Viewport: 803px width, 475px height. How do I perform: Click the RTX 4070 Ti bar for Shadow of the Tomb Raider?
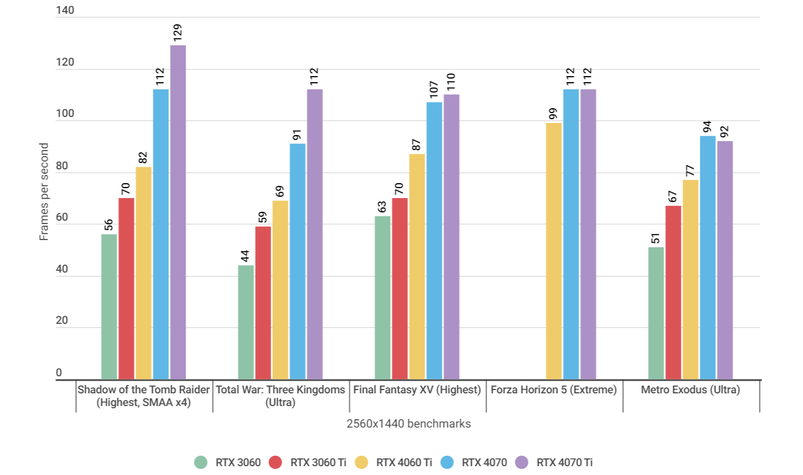pos(178,212)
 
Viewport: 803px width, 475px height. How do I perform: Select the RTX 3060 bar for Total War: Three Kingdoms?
pos(246,322)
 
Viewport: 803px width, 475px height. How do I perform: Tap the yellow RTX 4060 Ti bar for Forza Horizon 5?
pos(553,251)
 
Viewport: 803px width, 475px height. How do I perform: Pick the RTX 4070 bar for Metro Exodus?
pos(707,258)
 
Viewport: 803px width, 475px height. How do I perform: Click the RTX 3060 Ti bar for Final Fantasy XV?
pos(400,289)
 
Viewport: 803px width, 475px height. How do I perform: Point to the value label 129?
pos(178,33)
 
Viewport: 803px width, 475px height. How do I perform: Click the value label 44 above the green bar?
pos(246,256)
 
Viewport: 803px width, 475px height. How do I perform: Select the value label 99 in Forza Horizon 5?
pos(553,114)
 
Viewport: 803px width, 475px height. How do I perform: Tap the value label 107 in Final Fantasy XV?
pos(434,89)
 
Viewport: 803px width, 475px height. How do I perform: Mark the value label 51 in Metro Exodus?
pos(656,238)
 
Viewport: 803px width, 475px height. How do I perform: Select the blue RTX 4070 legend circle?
pos(447,462)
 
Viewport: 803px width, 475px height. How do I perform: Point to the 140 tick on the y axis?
pos(65,10)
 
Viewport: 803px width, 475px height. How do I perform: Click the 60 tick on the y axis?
pos(62,217)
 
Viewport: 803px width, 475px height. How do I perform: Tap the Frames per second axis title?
pos(44,191)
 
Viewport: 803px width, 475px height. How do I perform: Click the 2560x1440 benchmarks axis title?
pos(409,424)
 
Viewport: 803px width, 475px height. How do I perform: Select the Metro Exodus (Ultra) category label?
pos(690,389)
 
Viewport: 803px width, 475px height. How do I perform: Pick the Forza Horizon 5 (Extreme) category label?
pos(553,389)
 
